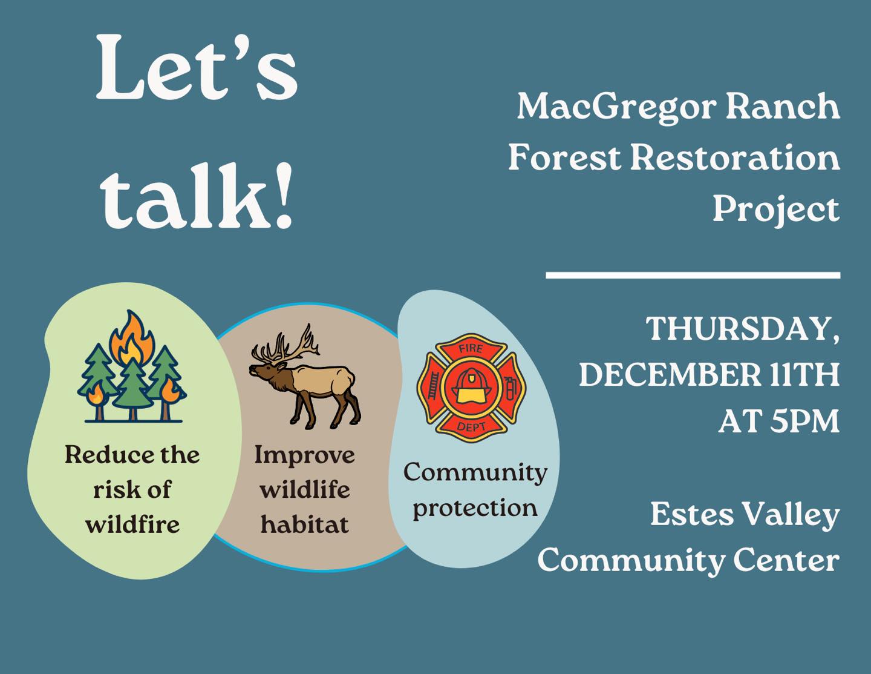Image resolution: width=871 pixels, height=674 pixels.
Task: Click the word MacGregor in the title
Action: coord(616,107)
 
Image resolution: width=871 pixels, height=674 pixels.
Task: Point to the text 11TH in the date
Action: coord(804,375)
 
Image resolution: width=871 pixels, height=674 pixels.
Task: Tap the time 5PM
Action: coord(804,421)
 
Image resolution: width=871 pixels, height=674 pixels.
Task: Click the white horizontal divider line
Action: coord(693,275)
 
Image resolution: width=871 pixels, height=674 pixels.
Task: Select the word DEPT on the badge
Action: coord(471,427)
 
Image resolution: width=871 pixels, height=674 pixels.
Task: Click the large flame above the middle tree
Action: coord(131,336)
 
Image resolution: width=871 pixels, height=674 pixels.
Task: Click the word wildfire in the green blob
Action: coord(132,524)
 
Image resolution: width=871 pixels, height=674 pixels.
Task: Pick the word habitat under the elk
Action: coord(304,524)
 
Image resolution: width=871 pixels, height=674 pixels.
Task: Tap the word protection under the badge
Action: coord(475,507)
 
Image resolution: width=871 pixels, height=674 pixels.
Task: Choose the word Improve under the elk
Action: coord(304,455)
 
